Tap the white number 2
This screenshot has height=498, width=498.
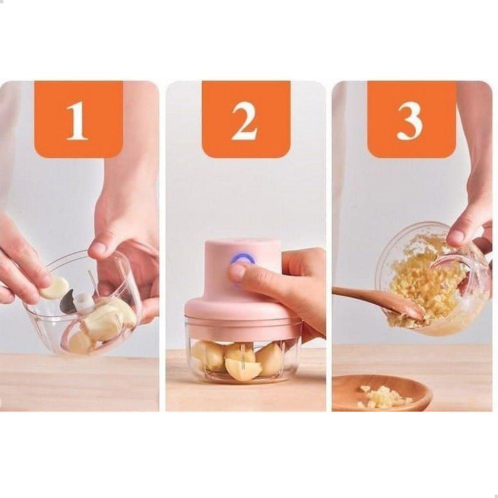(x=244, y=122)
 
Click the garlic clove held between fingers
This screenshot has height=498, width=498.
(x=55, y=288)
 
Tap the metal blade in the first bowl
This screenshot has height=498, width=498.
(x=68, y=302)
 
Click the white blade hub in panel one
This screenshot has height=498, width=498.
(x=84, y=301)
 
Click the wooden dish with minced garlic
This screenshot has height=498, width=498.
(x=381, y=393)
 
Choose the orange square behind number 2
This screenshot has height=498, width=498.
(x=246, y=119)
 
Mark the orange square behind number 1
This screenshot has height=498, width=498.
(x=79, y=119)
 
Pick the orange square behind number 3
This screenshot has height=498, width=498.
(x=412, y=119)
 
